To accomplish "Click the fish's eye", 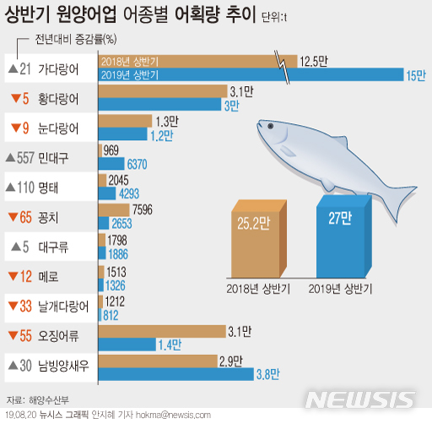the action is tap(270, 126).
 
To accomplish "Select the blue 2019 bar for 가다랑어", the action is tap(251, 74).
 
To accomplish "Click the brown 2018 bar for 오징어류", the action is tap(162, 332).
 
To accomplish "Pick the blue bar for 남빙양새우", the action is tap(176, 374).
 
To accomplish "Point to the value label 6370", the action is tap(137, 164).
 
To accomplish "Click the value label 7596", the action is tap(143, 209).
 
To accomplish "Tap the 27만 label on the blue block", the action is tap(340, 218).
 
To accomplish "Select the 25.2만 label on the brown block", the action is tap(253, 223).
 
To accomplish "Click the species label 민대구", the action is tap(53, 158).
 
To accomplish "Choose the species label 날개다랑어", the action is tap(63, 307).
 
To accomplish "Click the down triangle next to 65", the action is tap(13, 217).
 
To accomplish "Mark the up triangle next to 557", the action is tap(10, 158).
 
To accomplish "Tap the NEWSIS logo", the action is tap(360, 400).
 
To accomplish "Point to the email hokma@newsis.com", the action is tap(173, 415).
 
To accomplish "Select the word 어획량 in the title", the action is tap(197, 14).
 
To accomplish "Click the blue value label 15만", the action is tap(416, 75).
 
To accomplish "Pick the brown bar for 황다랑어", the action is tap(163, 91).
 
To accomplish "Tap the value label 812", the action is tap(111, 316).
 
